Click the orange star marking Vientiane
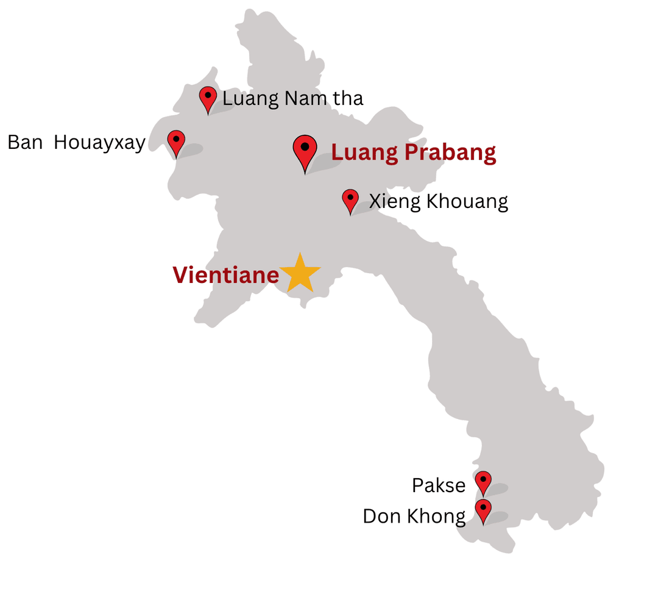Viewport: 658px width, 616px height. pos(300,273)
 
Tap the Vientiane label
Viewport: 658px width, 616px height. pos(225,275)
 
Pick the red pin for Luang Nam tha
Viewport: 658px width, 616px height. pos(208,98)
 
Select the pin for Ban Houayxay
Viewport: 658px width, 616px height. pos(176,141)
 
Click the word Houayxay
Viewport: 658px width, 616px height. pos(99,143)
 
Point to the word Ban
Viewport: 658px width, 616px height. pos(25,142)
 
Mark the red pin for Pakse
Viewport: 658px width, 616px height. pos(483,481)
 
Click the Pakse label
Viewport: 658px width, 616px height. pos(439,485)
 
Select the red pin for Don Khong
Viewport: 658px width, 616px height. pos(483,509)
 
